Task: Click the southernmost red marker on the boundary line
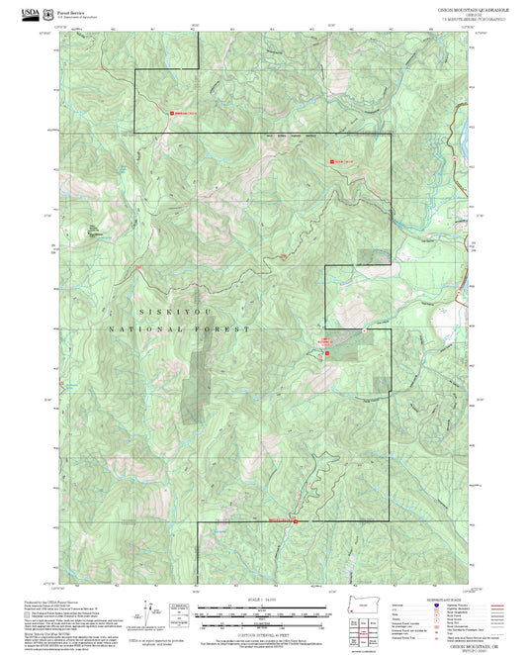[x=295, y=520]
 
